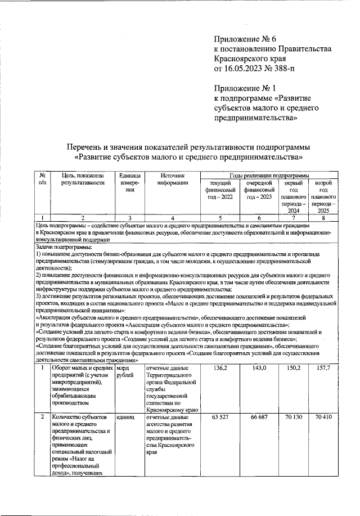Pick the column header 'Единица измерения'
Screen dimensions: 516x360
pyautogui.click(x=130, y=183)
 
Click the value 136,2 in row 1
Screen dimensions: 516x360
pyautogui.click(x=221, y=368)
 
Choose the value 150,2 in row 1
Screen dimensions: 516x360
pyautogui.click(x=295, y=368)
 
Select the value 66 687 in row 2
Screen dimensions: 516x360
pyautogui.click(x=259, y=418)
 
